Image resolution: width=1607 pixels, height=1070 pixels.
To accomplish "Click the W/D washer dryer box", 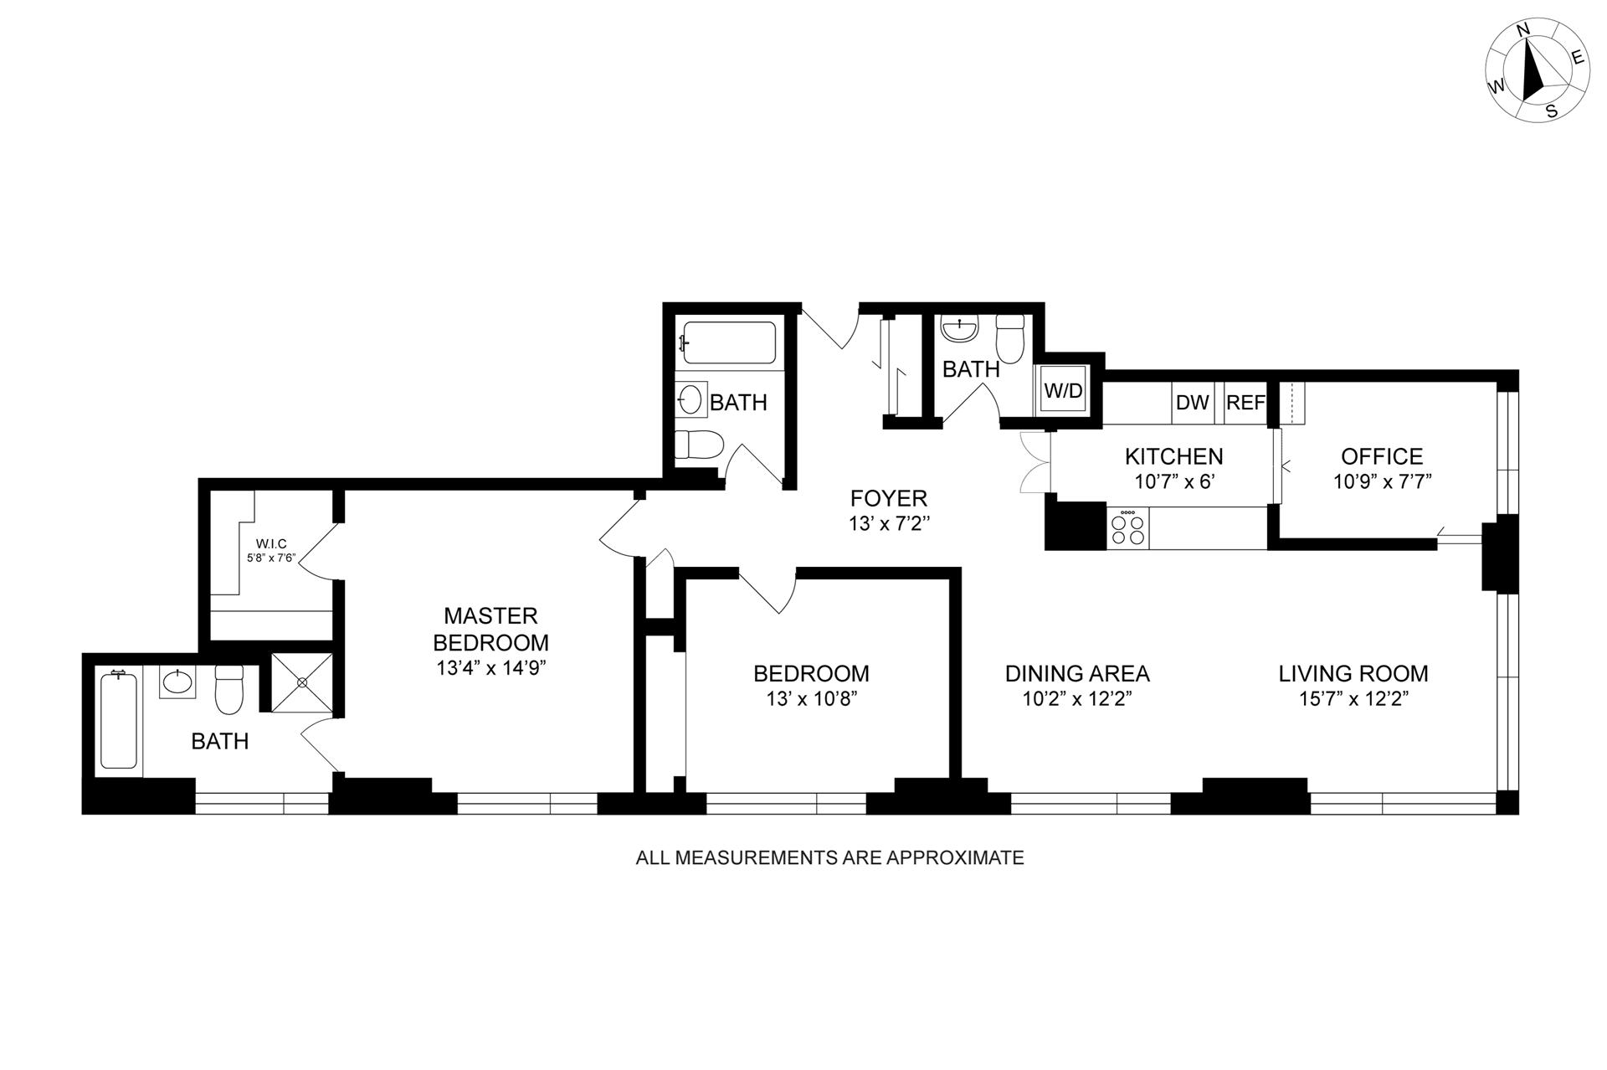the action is pos(1063,390).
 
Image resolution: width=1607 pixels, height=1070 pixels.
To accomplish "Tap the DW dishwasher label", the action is pos(1193,403).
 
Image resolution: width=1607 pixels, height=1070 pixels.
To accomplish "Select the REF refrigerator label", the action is pos(1245,403).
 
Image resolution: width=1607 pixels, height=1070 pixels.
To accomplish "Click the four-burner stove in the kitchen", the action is pos(1127,528).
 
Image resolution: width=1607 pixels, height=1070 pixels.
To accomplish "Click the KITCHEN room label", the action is pos(1173,456).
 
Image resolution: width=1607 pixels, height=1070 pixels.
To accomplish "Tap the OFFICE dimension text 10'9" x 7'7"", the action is pos(1383,482).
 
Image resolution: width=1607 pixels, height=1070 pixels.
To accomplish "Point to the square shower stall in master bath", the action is pos(302,682).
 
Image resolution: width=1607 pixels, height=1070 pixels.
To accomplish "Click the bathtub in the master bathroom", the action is pos(119,720).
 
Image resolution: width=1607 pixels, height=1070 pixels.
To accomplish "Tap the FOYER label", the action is pos(889,499).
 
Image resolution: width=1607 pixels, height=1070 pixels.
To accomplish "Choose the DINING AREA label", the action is pos(1077,673).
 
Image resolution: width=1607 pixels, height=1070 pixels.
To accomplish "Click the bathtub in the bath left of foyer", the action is pos(729,342).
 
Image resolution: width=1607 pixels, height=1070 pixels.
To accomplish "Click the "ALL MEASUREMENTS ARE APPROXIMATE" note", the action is pos(829,857).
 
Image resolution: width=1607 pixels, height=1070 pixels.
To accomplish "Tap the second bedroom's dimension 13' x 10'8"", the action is pos(811,699).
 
